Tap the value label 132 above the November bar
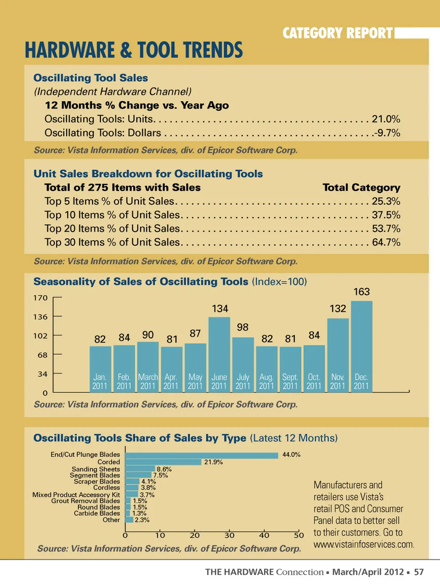point(338,309)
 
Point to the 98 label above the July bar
point(242,327)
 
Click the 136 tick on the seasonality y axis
point(40,317)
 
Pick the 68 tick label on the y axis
point(43,355)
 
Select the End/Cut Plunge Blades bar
point(201,455)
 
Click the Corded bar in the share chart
point(163,462)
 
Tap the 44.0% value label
point(291,455)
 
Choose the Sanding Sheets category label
point(96,469)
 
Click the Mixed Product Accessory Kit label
point(76,494)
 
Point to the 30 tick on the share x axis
point(230,535)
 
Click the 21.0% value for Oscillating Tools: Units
point(386,119)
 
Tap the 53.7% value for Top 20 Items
point(386,228)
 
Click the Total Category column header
point(361,187)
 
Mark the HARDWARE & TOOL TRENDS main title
point(134,50)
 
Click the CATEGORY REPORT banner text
point(338,33)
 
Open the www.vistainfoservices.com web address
point(364,544)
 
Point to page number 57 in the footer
point(419,572)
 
